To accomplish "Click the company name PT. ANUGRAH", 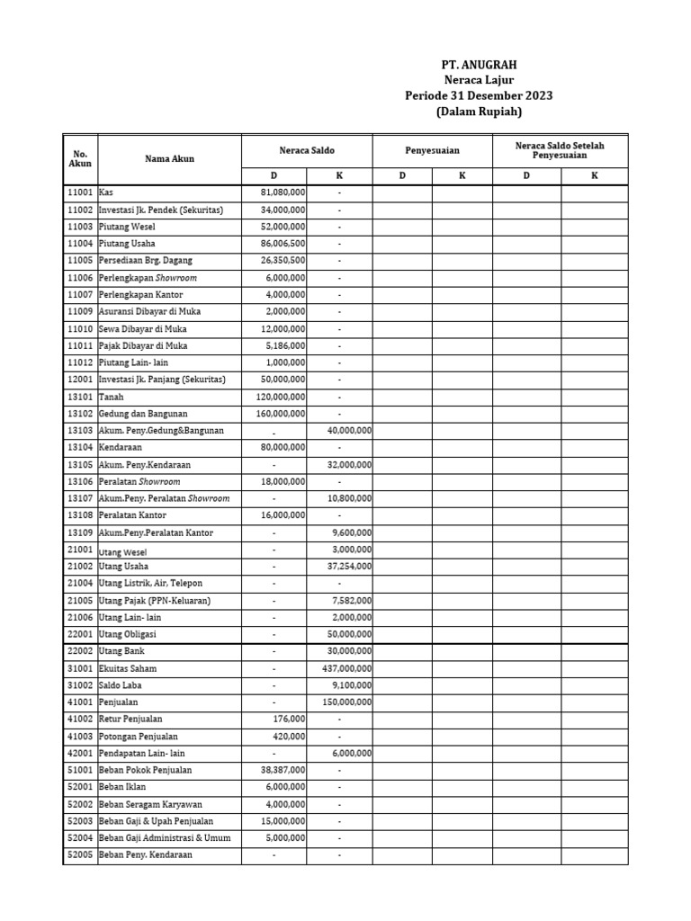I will tap(480, 65).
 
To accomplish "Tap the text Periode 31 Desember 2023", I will tap(480, 96).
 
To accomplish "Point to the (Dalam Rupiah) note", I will tap(480, 112).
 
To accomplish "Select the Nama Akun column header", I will tap(169, 159).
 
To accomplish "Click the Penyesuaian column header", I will tap(432, 150).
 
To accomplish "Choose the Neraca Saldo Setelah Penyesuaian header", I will tap(560, 150).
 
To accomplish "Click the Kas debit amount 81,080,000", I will tap(283, 192).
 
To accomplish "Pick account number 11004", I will tap(80, 244).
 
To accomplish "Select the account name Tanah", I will tap(112, 397).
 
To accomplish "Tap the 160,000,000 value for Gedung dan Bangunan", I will tap(280, 414).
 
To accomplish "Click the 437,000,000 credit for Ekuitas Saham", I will tap(346, 668).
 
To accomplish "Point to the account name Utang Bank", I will tap(123, 651).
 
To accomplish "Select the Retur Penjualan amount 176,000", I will tap(289, 720).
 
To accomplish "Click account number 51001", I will tap(80, 770).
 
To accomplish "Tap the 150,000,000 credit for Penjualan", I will tap(346, 702).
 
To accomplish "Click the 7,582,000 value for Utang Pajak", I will tap(353, 601).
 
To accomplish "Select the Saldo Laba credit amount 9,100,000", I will tap(353, 685).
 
